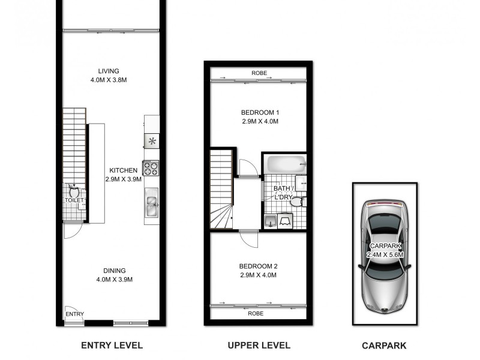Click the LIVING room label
[x=109, y=71]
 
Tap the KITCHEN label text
[x=123, y=170]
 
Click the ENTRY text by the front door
[x=75, y=314]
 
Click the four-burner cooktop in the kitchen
[x=151, y=168]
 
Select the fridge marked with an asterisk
[x=152, y=142]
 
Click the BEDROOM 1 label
[x=260, y=112]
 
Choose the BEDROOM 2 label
[x=259, y=266]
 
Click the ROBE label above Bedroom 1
[x=259, y=74]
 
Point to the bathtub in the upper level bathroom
[x=285, y=164]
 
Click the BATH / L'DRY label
[x=283, y=193]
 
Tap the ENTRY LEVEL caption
[x=112, y=345]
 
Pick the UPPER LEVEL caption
[x=259, y=345]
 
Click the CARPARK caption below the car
[x=384, y=345]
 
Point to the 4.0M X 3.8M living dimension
[x=109, y=80]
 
